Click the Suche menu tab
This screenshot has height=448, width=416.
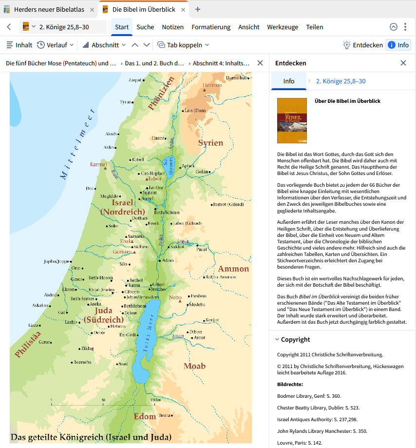click(x=145, y=27)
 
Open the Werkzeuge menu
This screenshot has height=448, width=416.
click(x=283, y=27)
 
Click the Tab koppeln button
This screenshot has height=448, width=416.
click(x=183, y=45)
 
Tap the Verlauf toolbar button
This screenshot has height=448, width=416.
click(x=55, y=45)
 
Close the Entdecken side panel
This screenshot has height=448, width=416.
click(x=403, y=63)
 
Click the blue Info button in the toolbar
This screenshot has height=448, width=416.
click(x=398, y=45)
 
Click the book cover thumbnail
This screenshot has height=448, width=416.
click(x=292, y=120)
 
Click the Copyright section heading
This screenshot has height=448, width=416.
click(x=295, y=340)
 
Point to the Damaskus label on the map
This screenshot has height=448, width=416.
click(x=236, y=78)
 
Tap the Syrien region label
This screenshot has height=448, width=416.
click(x=210, y=143)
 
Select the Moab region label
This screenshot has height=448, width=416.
click(x=194, y=366)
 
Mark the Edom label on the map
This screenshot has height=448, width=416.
click(x=145, y=416)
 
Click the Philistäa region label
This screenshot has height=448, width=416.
click(x=27, y=344)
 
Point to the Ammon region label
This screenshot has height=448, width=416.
click(x=233, y=269)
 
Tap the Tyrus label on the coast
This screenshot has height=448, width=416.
click(x=126, y=102)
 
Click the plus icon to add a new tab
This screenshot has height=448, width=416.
click(x=197, y=9)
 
